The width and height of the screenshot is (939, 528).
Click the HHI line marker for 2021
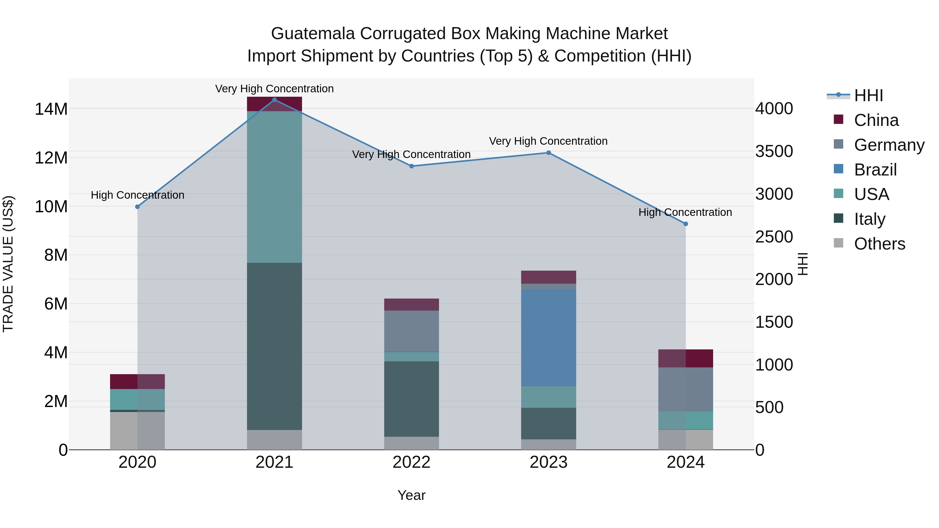point(274,100)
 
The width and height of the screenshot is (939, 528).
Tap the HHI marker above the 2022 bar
point(412,166)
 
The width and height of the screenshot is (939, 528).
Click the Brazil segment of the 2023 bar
point(548,337)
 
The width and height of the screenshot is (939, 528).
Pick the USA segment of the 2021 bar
point(274,187)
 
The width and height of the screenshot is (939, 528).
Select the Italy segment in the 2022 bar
point(412,399)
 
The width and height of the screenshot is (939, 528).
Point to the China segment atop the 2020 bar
point(137,381)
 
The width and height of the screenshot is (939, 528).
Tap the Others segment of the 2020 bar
point(137,431)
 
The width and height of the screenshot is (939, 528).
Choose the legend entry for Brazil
point(875,170)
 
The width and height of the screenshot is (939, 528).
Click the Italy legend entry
point(869,219)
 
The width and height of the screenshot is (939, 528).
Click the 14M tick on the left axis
point(51,109)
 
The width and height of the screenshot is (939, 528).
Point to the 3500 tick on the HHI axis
point(774,151)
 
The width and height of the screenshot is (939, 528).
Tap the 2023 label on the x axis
point(548,462)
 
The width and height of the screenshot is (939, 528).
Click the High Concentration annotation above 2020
point(137,195)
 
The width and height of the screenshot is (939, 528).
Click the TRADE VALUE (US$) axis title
point(8,264)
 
